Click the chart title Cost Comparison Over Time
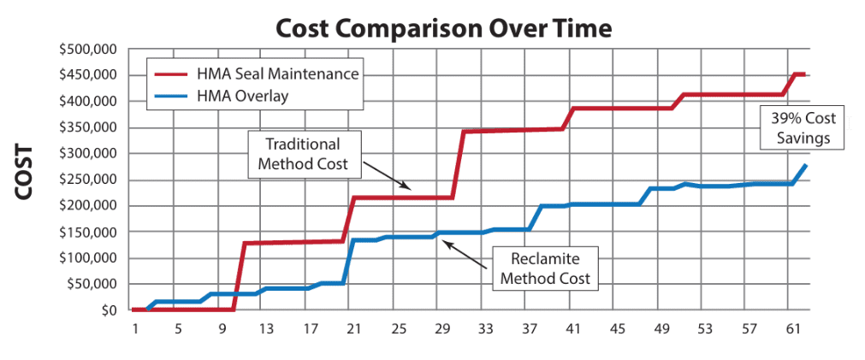pos(444,28)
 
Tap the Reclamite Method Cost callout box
pos(545,268)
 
